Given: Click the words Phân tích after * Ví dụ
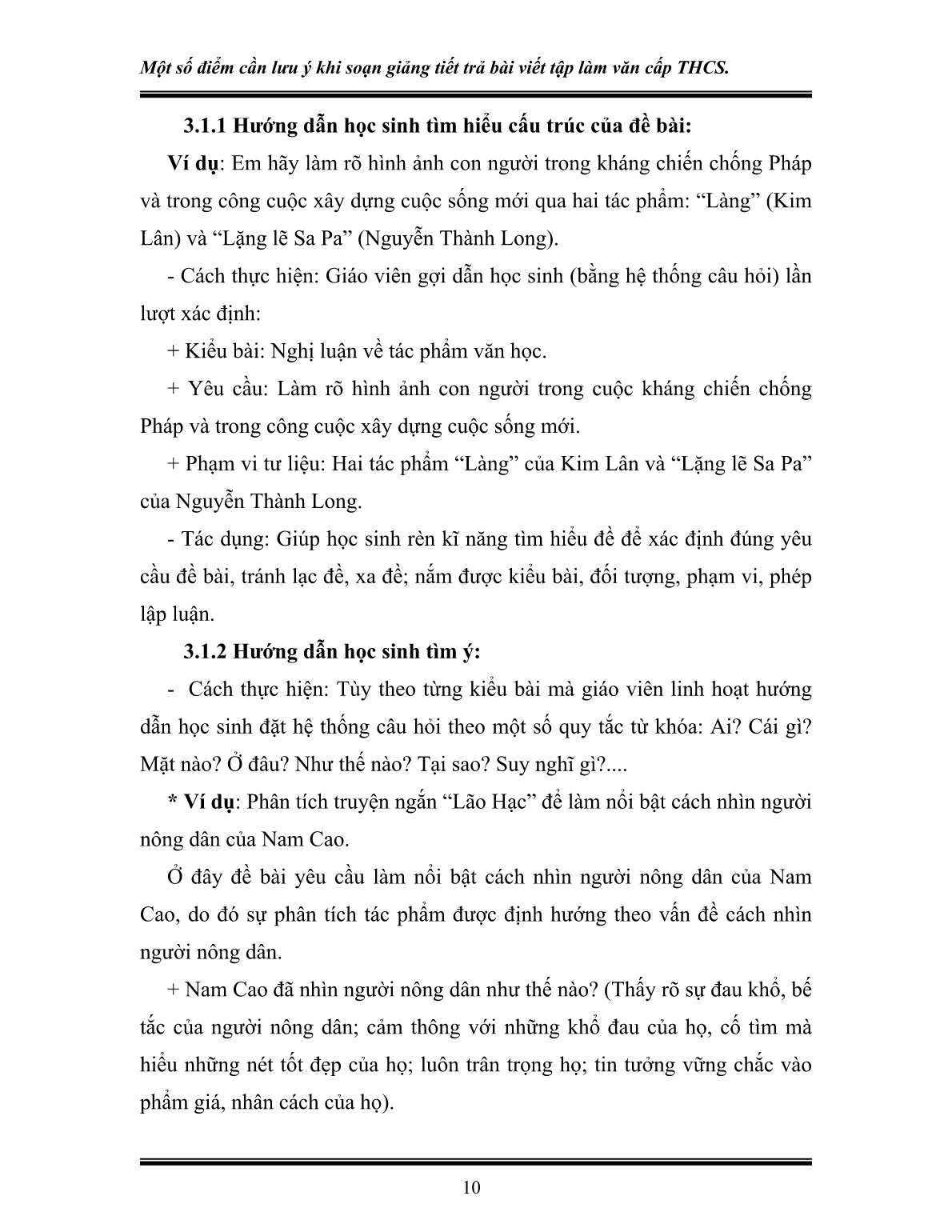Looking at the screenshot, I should pyautogui.click(x=286, y=802).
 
